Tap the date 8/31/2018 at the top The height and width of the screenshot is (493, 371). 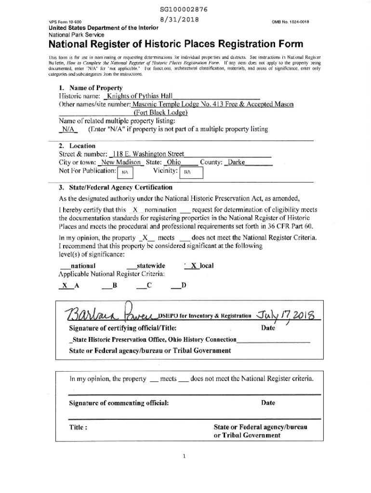182,20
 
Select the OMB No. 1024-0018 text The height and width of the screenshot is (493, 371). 291,22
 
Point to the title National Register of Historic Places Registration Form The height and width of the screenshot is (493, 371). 176,45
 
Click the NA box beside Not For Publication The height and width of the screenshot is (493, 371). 124,171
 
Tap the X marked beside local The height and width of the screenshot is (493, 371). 194,265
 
